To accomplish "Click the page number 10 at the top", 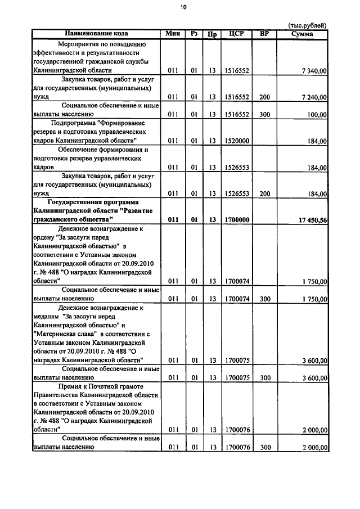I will [x=183, y=7].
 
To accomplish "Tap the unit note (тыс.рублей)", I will [x=307, y=25].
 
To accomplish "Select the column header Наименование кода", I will [x=96, y=34].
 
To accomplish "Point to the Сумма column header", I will [x=303, y=34].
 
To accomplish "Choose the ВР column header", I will [x=264, y=34].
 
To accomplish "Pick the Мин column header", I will [x=173, y=34].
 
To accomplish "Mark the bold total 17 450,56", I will [x=310, y=220].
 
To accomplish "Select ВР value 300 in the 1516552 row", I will [x=264, y=115].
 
